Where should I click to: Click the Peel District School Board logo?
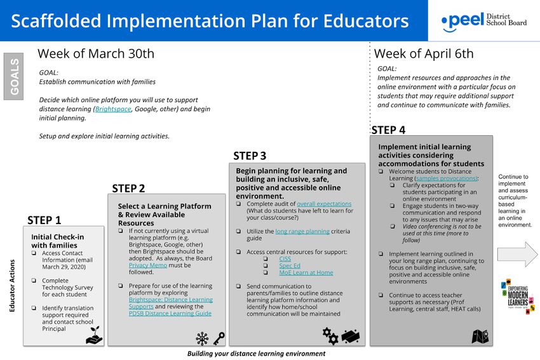pyautogui.click(x=483, y=21)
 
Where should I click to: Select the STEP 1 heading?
pyautogui.click(x=44, y=220)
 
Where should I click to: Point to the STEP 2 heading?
pyautogui.click(x=128, y=188)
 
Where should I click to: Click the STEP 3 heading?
pyautogui.click(x=250, y=156)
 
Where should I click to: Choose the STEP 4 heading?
pyautogui.click(x=388, y=130)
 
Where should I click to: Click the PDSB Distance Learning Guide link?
pyautogui.click(x=170, y=313)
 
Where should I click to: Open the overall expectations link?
pyautogui.click(x=324, y=204)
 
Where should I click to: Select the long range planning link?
pyautogui.click(x=302, y=231)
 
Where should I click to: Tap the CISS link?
pyautogui.click(x=285, y=259)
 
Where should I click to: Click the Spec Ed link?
pyautogui.click(x=290, y=266)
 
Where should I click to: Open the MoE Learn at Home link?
pyautogui.click(x=306, y=273)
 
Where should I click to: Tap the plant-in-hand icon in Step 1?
pyautogui.click(x=94, y=335)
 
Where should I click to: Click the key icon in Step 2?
pyautogui.click(x=219, y=337)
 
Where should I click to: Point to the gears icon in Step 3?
pyautogui.click(x=330, y=335)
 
